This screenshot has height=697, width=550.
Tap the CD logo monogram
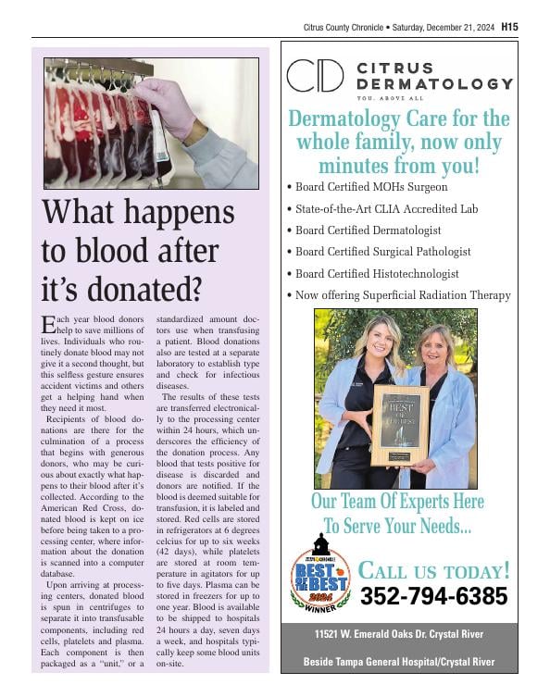coord(315,76)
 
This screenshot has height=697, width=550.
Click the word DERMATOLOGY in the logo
coord(434,83)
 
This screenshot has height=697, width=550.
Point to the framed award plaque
coord(399,424)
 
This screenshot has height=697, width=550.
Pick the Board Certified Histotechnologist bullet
coord(381,273)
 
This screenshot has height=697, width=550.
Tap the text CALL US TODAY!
coord(433,569)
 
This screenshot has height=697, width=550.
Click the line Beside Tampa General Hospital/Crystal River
coord(399,662)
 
